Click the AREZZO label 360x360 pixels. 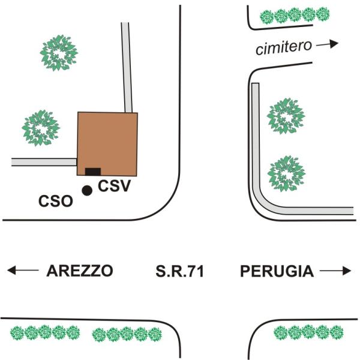pyautogui.click(x=80, y=271)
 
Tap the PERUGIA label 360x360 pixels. pyautogui.click(x=277, y=271)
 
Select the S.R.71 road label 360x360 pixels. pyautogui.click(x=180, y=271)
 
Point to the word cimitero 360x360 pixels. pyautogui.click(x=284, y=48)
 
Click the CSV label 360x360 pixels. pyautogui.click(x=115, y=186)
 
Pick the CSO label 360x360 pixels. pyautogui.click(x=56, y=201)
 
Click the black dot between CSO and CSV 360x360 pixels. pyautogui.click(x=87, y=191)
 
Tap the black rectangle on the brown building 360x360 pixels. pyautogui.click(x=93, y=172)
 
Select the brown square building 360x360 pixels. pyautogui.click(x=107, y=144)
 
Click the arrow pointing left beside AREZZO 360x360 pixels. pyautogui.click(x=23, y=270)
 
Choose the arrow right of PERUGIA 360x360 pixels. pyautogui.click(x=335, y=271)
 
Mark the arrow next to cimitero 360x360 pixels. pyautogui.click(x=327, y=44)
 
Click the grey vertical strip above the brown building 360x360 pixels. pyautogui.click(x=127, y=67)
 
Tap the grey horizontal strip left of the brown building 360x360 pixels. pyautogui.click(x=44, y=162)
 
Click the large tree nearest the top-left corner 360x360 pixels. pyautogui.click(x=59, y=53)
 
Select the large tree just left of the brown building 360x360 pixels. pyautogui.click(x=41, y=128)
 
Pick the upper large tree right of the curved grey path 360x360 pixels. pyautogui.click(x=286, y=116)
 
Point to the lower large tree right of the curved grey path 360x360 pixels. pyautogui.click(x=286, y=174)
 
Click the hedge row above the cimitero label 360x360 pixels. pyautogui.click(x=295, y=16)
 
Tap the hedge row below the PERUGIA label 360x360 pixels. pyautogui.click(x=308, y=332)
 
